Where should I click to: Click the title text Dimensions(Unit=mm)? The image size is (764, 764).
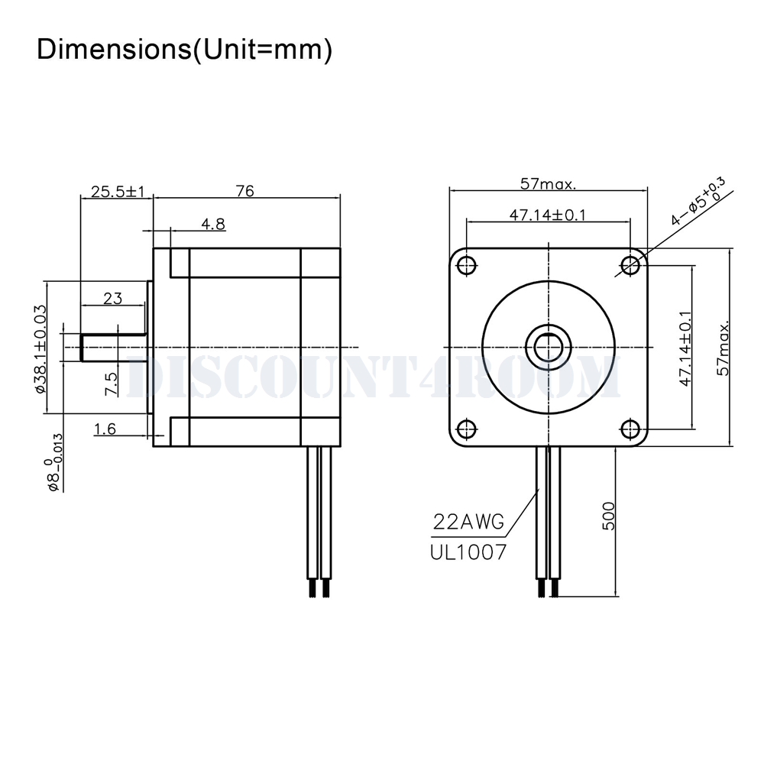(184, 50)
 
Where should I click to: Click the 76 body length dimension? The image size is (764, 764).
(244, 191)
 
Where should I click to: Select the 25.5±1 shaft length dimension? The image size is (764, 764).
(118, 192)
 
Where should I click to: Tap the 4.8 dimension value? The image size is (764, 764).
(213, 224)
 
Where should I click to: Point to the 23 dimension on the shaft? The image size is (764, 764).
(112, 298)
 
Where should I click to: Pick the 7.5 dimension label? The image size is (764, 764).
(112, 384)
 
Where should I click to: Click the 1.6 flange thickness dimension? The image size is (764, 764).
(105, 429)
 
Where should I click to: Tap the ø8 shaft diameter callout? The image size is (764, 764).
(53, 462)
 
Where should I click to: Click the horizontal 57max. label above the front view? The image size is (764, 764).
(548, 183)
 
